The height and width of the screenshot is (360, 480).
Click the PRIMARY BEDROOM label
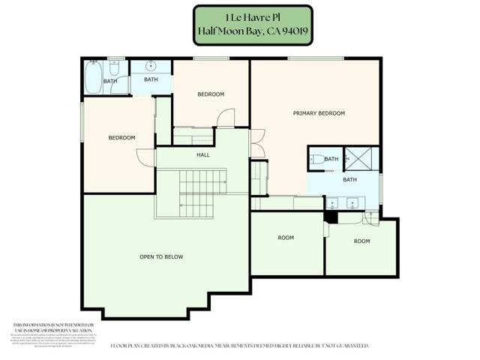[x=318, y=113]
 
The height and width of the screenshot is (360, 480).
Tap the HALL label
[x=203, y=155]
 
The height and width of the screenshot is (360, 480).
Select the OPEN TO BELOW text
[x=161, y=257]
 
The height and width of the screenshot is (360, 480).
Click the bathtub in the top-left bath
[x=93, y=78]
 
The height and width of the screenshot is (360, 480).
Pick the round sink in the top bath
[x=151, y=65]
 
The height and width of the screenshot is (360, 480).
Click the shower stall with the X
[x=366, y=159]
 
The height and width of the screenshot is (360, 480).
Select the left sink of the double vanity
[x=332, y=202]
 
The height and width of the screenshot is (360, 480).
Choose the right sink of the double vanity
[x=352, y=202]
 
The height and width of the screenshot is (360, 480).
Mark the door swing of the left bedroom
[x=142, y=157]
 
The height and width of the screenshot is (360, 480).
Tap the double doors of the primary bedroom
[x=257, y=147]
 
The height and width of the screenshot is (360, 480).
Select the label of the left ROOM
[x=286, y=238]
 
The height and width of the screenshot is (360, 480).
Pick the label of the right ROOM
[x=362, y=241]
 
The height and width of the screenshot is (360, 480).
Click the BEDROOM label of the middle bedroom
[x=211, y=94]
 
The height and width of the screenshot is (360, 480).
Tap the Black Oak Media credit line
[x=239, y=346]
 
